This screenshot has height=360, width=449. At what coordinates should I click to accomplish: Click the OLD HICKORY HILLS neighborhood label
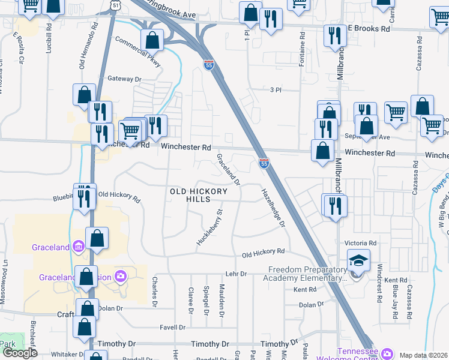point(199,195)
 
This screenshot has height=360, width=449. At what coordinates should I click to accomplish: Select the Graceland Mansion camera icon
point(121,276)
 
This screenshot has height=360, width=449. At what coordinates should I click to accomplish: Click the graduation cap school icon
point(358,260)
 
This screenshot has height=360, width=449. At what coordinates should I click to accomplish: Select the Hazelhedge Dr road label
point(273,208)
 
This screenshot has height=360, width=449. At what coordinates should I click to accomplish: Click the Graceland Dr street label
point(228,169)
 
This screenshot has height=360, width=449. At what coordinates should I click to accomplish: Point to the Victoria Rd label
point(360,243)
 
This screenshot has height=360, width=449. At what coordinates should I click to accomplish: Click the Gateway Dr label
point(124,79)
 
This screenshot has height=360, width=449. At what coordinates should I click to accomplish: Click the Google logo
point(20,353)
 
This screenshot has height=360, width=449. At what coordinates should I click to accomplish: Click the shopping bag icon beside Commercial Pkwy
point(152,41)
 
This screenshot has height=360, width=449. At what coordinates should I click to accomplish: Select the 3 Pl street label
point(276,89)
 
